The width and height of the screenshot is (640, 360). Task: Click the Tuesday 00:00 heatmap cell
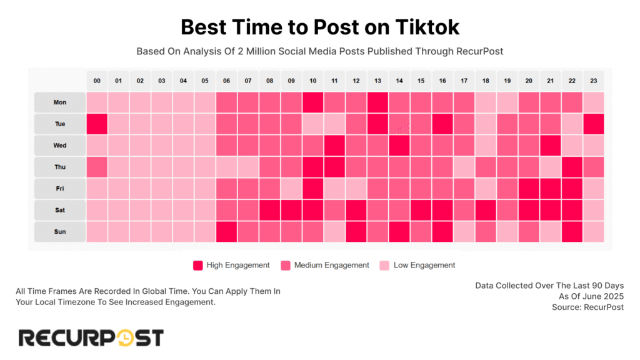coord(97,124)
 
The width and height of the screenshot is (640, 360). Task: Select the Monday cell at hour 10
coord(312,102)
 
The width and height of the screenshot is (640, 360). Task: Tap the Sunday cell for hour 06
coord(226,232)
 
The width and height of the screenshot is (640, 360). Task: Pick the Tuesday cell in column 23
coord(593,124)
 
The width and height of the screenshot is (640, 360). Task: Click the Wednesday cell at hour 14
coord(399,146)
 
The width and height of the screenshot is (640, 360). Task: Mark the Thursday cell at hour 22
coord(571,167)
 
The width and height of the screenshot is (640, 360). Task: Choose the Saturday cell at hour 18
coord(485,210)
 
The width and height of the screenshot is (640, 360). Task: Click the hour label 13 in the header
coord(377,81)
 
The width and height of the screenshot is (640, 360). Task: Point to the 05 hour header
coord(205,81)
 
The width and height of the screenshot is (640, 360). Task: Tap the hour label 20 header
coord(528,81)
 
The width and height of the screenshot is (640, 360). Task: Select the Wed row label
coord(60,146)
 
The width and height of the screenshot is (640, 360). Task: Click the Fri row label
coord(60,189)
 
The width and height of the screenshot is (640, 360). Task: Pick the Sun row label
coord(60,232)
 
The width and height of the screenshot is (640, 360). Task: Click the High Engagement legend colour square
coord(198,265)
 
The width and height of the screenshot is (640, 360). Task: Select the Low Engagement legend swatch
coord(384,265)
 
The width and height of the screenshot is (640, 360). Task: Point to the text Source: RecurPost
coord(587,307)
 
